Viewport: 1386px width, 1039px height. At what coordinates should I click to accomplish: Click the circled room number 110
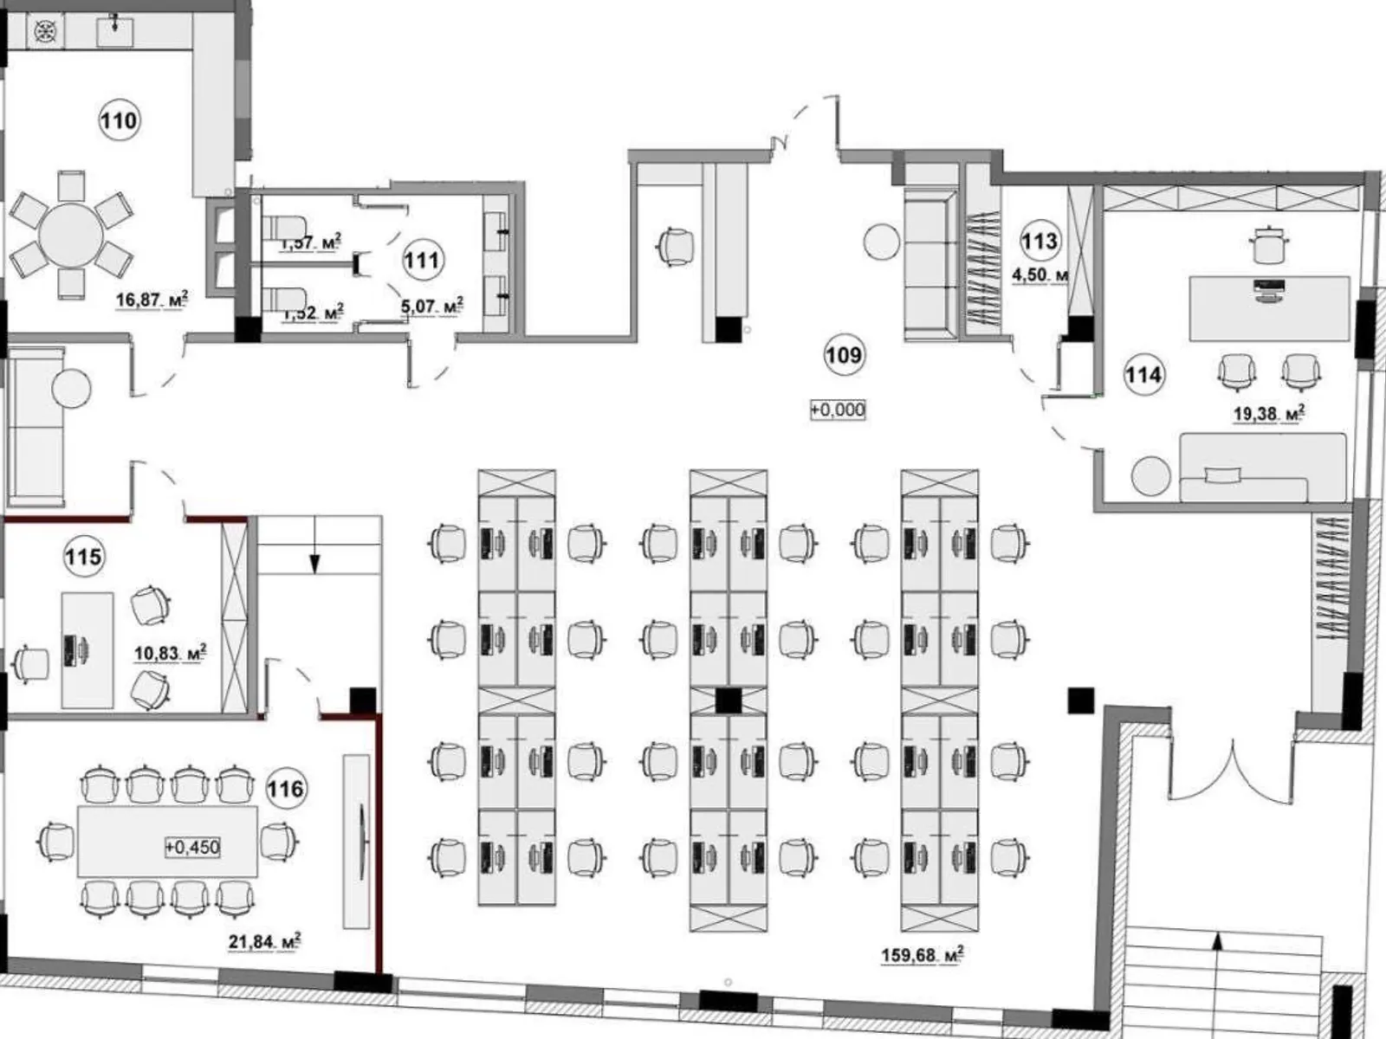(119, 119)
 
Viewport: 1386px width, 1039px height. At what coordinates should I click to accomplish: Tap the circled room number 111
(422, 260)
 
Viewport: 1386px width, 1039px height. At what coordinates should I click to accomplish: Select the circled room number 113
(1039, 240)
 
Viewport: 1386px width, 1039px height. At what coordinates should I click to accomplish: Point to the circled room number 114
(1143, 374)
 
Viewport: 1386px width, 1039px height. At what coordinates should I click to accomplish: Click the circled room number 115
(84, 556)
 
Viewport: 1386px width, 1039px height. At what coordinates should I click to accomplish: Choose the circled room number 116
(285, 788)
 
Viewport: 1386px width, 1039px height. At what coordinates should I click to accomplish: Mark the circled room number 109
(843, 355)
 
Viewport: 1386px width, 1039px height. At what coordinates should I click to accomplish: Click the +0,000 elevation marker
(838, 410)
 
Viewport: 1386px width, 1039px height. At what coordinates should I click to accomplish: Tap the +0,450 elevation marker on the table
(192, 847)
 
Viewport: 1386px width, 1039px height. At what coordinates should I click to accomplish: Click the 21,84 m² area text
(264, 941)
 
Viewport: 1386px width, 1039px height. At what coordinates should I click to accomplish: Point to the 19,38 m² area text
(1268, 414)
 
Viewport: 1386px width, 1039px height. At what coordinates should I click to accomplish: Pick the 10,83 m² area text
(170, 653)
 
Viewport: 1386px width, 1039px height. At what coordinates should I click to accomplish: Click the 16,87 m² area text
(152, 300)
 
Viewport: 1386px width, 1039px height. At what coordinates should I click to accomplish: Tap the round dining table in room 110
(71, 236)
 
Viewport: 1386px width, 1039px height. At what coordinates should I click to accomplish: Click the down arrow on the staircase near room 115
(314, 563)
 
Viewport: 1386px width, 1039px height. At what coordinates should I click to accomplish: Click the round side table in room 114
(1150, 475)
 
